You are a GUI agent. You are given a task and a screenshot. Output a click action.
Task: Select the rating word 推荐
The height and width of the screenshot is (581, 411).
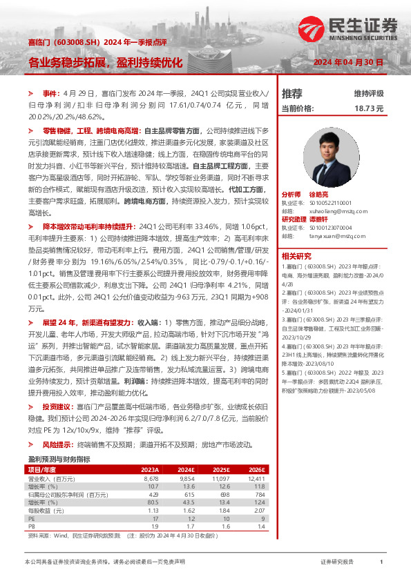[292, 93]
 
